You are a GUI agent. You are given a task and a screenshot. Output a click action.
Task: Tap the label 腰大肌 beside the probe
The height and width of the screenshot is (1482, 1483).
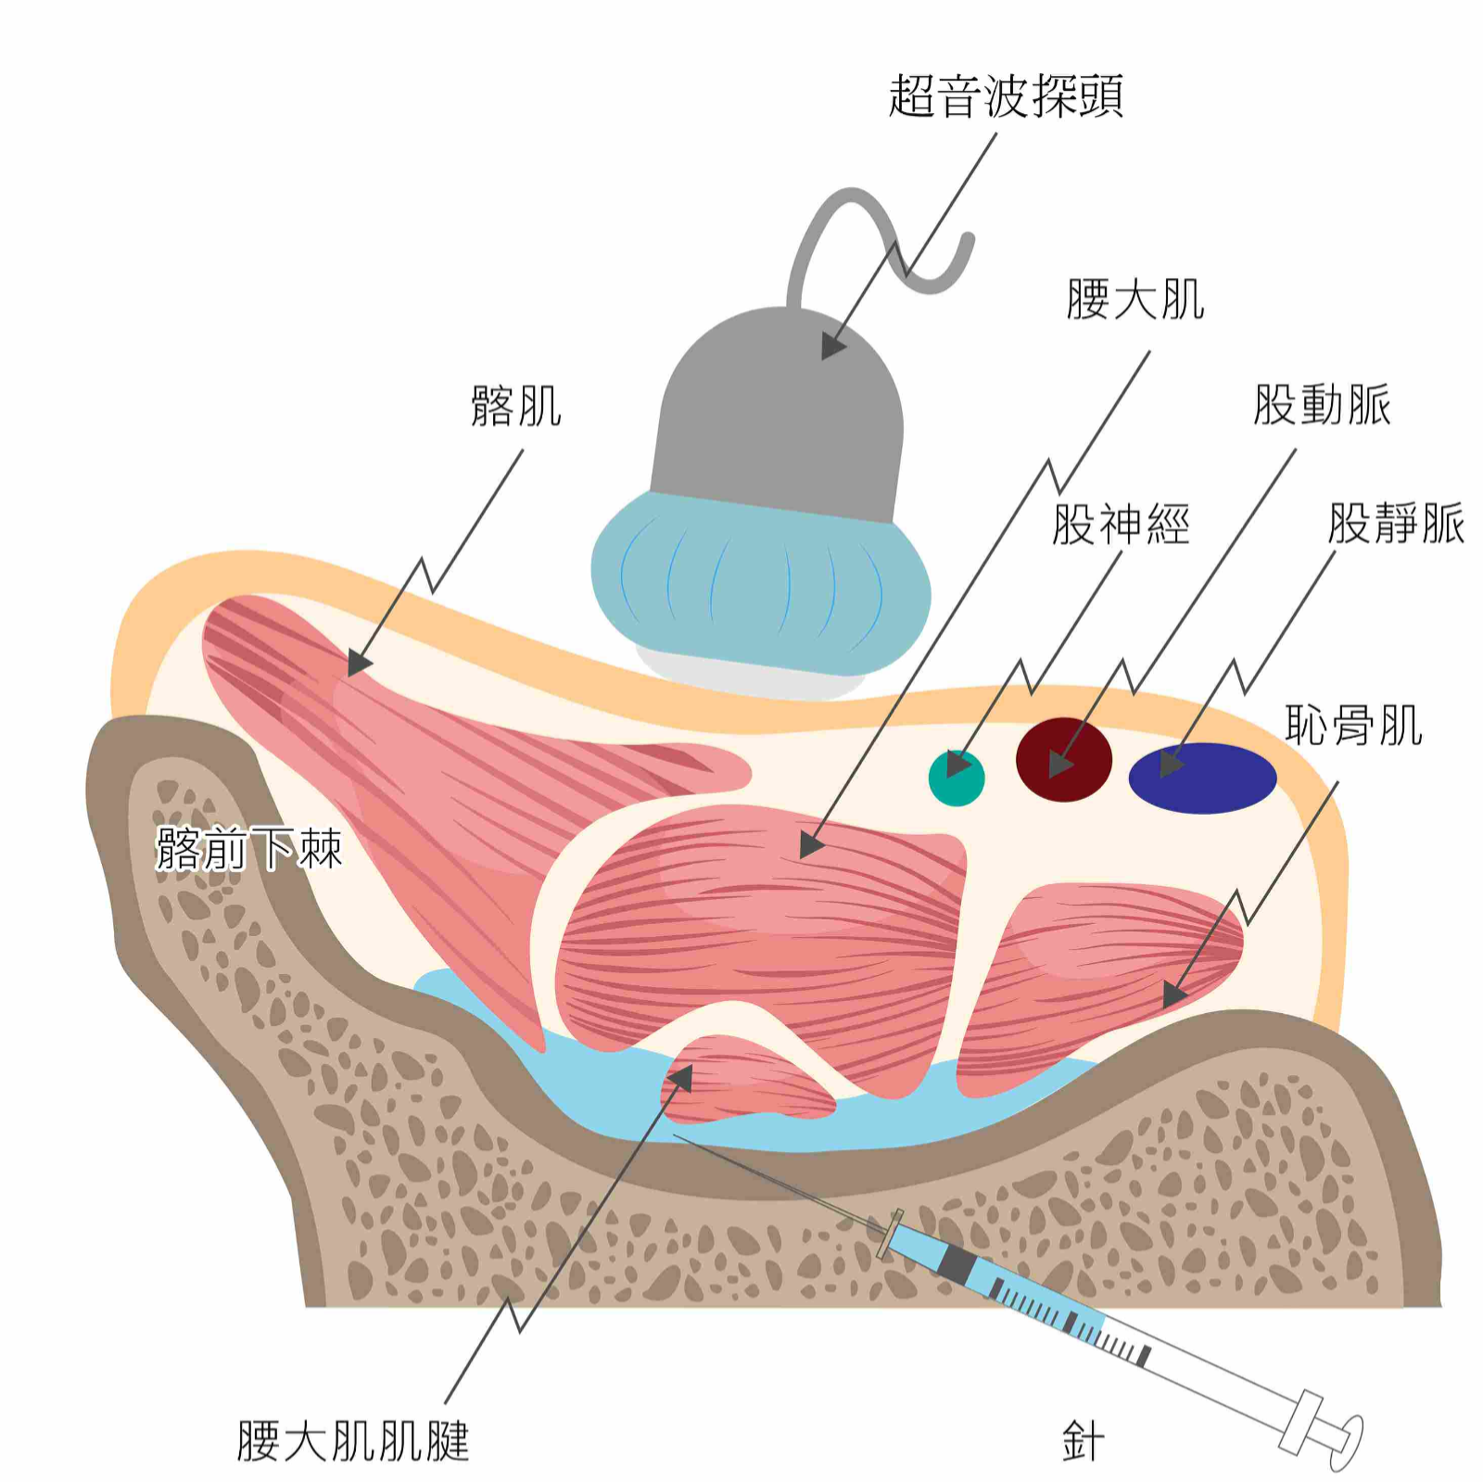coord(1134,299)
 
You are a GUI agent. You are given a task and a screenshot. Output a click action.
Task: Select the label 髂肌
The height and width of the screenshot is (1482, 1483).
coord(516,406)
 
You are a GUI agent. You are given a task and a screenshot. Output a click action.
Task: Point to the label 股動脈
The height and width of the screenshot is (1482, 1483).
coord(1322,405)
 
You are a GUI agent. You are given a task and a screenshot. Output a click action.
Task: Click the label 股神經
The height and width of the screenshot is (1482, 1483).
coord(1120,525)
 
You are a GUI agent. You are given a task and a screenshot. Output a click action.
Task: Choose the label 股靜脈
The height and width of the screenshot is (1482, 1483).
coord(1395,524)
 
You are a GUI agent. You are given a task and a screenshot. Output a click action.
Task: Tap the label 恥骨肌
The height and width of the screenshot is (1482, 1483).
coord(1353,725)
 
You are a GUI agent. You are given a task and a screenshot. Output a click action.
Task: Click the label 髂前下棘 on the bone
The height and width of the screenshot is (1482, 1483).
coord(249,848)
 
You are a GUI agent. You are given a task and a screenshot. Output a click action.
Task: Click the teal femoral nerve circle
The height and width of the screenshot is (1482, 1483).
coord(957,777)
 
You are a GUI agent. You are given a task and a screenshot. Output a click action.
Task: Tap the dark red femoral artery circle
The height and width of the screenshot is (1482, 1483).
coord(1063,759)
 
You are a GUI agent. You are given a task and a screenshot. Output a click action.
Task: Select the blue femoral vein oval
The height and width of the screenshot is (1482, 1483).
coord(1202,778)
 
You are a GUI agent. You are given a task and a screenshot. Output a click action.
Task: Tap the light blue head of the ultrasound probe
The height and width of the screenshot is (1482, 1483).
coord(760,584)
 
